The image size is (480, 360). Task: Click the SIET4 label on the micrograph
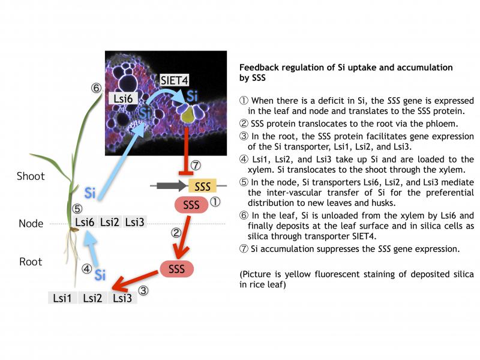coord(174,80)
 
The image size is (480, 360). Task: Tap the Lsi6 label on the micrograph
coord(123,99)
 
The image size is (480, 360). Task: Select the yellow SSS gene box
coord(202,186)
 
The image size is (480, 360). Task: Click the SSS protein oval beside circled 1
coord(191,205)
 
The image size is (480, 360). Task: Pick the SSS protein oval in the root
coord(176,269)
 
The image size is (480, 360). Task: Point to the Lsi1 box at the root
coord(62,298)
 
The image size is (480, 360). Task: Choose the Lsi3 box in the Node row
coord(134,222)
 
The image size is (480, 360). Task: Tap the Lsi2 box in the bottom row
coord(92,298)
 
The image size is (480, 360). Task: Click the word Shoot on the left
coord(31,176)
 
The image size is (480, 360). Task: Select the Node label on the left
coord(31,223)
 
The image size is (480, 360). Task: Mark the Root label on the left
coord(31,262)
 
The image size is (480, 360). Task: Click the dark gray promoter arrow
coord(172,185)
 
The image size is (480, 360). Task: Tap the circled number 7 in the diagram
coord(196,166)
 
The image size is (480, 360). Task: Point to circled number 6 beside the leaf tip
coord(96,88)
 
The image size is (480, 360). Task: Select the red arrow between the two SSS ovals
coord(182,237)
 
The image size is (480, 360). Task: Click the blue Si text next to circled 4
coord(100,275)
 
